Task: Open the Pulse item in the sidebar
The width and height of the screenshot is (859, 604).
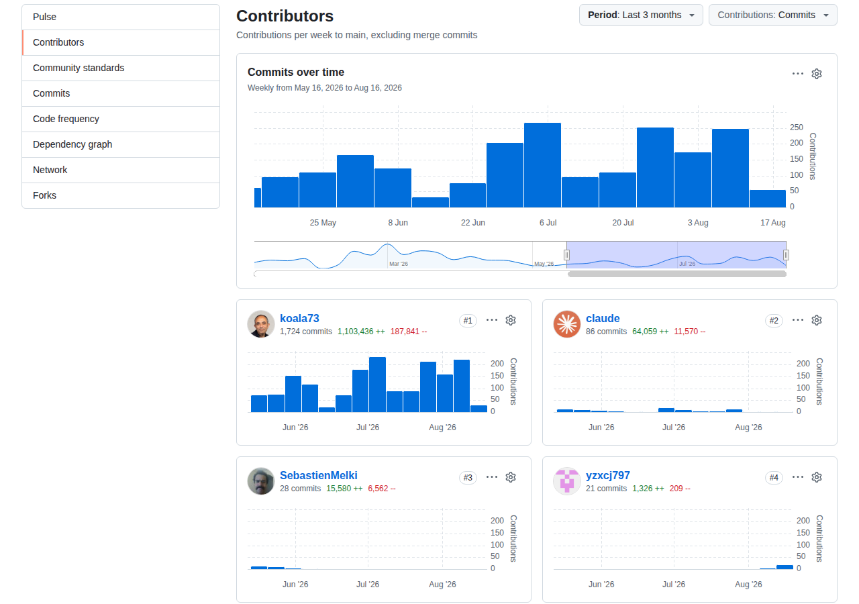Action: [44, 17]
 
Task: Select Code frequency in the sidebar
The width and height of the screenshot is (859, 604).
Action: [66, 119]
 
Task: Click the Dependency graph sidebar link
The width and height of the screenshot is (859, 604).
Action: [72, 144]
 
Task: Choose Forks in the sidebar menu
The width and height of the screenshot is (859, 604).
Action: [44, 195]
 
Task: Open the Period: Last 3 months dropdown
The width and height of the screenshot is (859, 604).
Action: [641, 15]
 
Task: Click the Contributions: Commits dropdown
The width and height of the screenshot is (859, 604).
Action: [772, 15]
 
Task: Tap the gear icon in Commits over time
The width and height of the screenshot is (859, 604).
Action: [817, 74]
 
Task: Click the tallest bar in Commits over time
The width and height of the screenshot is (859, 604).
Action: [542, 165]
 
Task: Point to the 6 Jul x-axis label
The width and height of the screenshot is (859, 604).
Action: [548, 222]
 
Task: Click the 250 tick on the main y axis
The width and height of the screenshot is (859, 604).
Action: [796, 128]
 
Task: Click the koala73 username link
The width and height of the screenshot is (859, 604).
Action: [299, 318]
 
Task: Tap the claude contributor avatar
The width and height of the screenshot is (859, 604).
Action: [567, 324]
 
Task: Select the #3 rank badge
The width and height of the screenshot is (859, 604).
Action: [468, 477]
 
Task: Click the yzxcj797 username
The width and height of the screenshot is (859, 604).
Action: [607, 476]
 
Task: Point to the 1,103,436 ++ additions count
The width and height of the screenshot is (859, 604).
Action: [361, 332]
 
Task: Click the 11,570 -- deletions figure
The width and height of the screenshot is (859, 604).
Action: [689, 332]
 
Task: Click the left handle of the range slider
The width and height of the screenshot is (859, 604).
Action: [566, 254]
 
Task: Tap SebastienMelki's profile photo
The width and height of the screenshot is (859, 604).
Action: [261, 481]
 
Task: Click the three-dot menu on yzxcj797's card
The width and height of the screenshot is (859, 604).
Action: [798, 477]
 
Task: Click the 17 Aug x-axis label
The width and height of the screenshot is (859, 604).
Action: [772, 222]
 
